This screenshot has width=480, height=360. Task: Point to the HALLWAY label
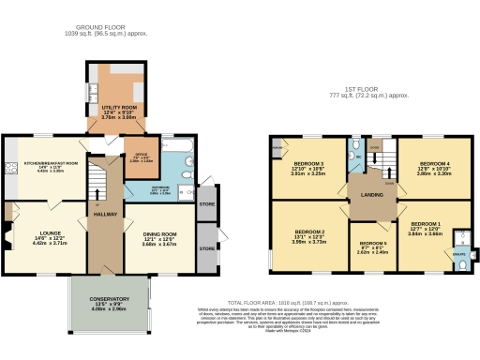(105, 215)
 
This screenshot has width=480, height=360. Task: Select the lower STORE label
(205, 250)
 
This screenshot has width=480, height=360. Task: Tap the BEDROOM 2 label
(309, 231)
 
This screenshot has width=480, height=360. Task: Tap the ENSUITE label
(459, 253)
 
